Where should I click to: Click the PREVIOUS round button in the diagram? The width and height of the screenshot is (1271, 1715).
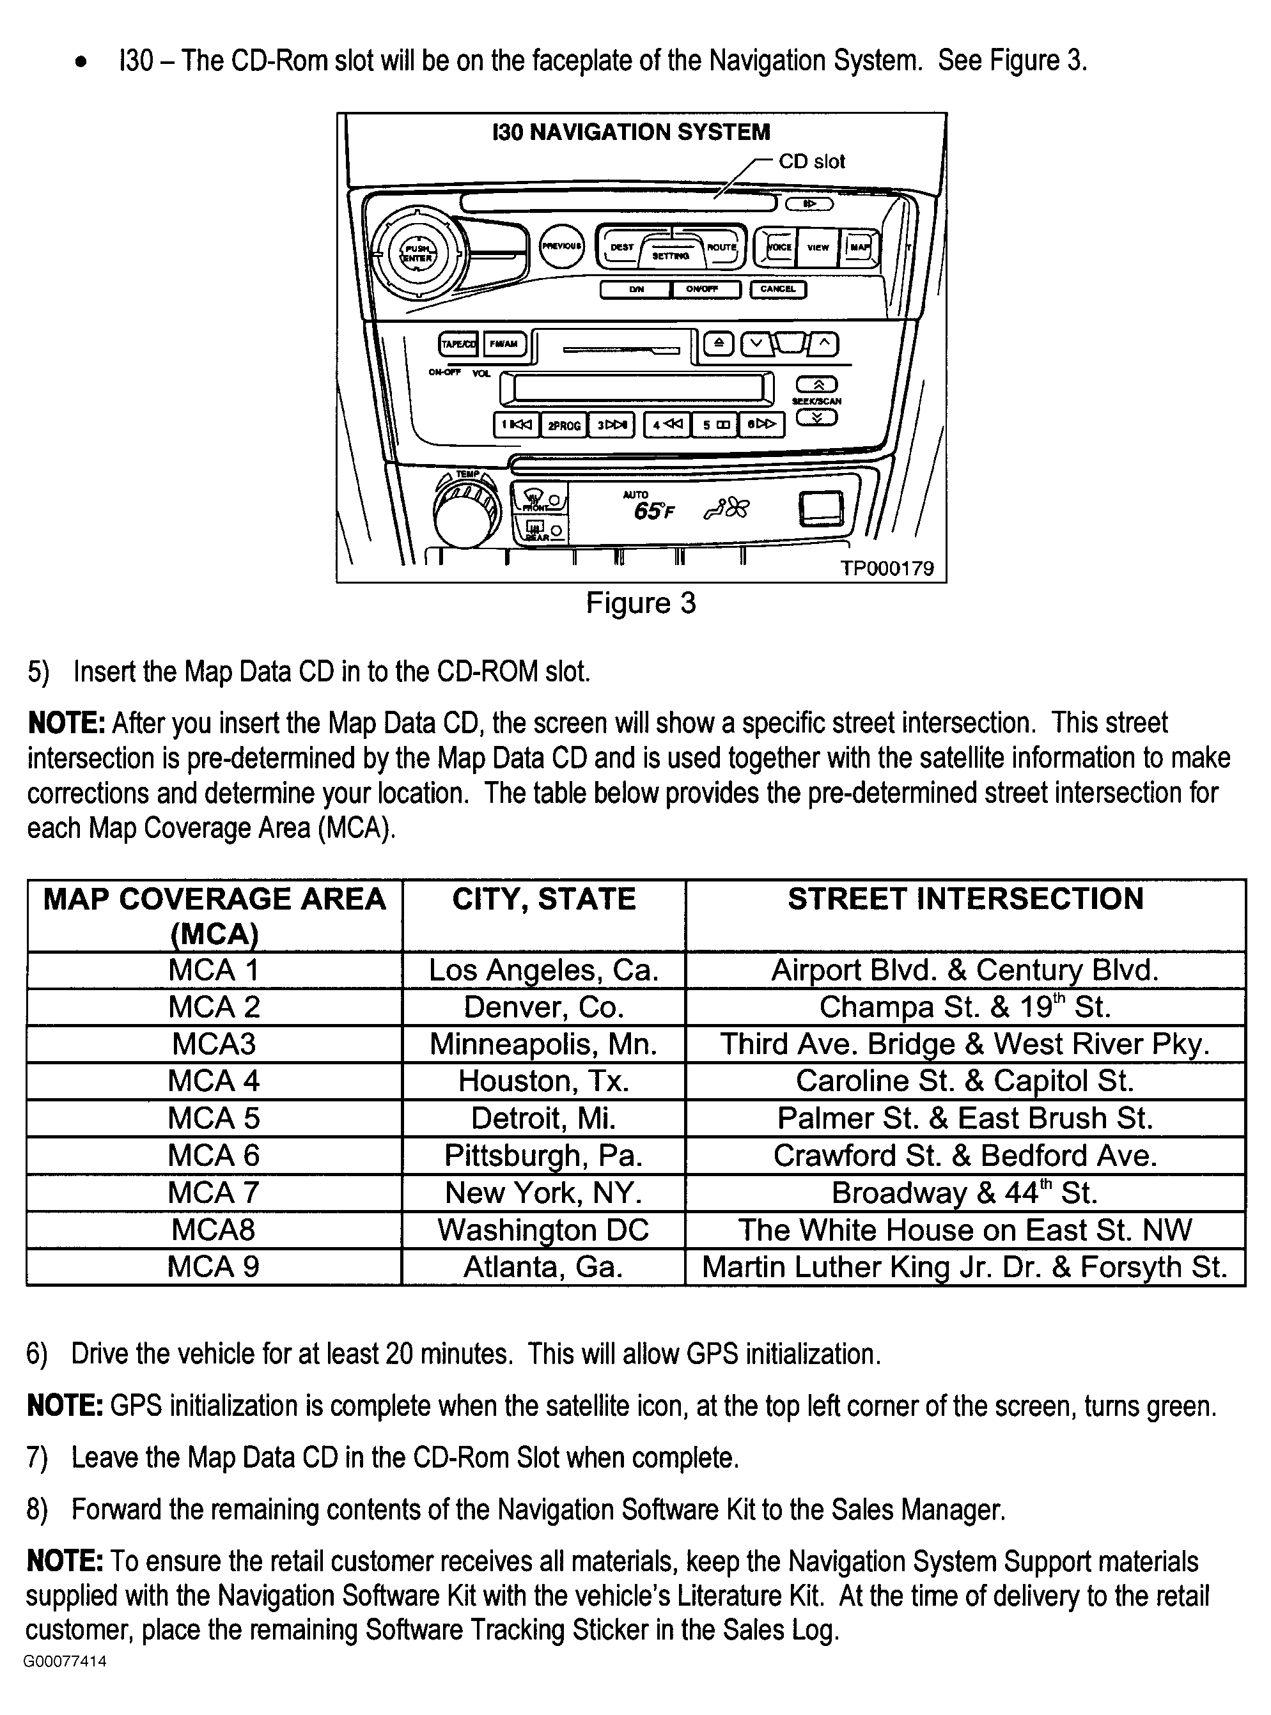[x=561, y=246]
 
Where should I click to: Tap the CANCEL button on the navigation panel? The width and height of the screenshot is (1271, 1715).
[x=778, y=289]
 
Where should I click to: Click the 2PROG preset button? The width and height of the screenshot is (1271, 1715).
[x=564, y=425]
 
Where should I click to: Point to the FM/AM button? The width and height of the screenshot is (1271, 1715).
[x=504, y=345]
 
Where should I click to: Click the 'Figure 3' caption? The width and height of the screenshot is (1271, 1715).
[x=640, y=603]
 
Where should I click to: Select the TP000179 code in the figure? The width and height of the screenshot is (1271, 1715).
[x=886, y=568]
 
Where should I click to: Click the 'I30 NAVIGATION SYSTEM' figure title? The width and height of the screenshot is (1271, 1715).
[x=631, y=132]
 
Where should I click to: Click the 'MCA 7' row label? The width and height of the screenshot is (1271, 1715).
[x=214, y=1193]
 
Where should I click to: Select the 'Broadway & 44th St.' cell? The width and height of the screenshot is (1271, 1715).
[x=964, y=1193]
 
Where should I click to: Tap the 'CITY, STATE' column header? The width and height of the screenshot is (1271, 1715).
[x=543, y=899]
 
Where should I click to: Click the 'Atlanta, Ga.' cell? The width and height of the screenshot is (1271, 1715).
[x=543, y=1267]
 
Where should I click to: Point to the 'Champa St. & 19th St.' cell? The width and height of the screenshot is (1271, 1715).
[x=964, y=1007]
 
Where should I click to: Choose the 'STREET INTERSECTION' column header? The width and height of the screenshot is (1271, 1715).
[x=965, y=899]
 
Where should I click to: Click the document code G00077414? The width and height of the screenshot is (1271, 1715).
[x=65, y=1661]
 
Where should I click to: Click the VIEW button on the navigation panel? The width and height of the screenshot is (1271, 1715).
[x=817, y=247]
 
